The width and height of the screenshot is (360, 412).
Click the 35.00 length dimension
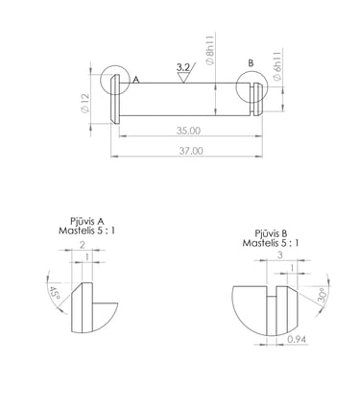(188, 131)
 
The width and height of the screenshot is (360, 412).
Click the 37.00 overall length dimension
(191, 151)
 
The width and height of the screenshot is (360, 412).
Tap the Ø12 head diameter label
(85, 103)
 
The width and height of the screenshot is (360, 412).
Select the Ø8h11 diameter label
(210, 53)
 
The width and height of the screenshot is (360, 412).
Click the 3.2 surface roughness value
(183, 67)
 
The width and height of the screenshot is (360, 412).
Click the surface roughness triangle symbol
(183, 78)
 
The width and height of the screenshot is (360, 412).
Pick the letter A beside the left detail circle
(136, 80)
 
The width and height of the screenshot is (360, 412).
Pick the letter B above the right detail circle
(251, 63)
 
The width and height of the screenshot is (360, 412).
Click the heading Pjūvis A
(87, 221)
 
